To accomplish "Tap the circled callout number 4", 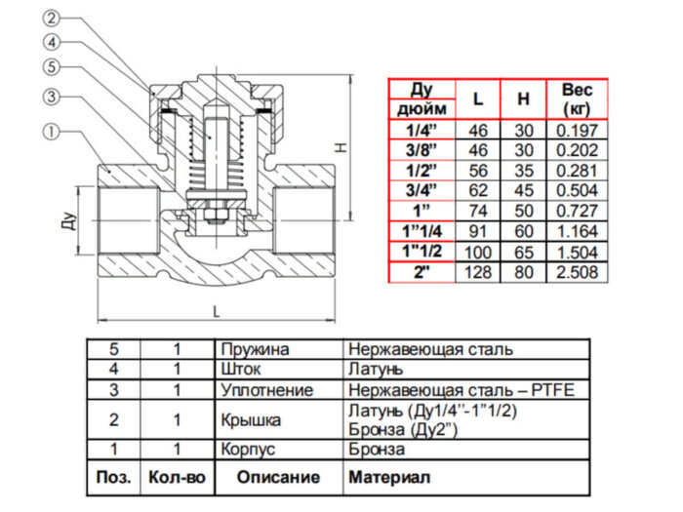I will point(51,42).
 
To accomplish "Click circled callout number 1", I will point(51,130).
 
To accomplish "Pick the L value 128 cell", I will point(477,271).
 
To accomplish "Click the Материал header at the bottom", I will point(387,479).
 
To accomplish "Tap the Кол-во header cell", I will point(177,479).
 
